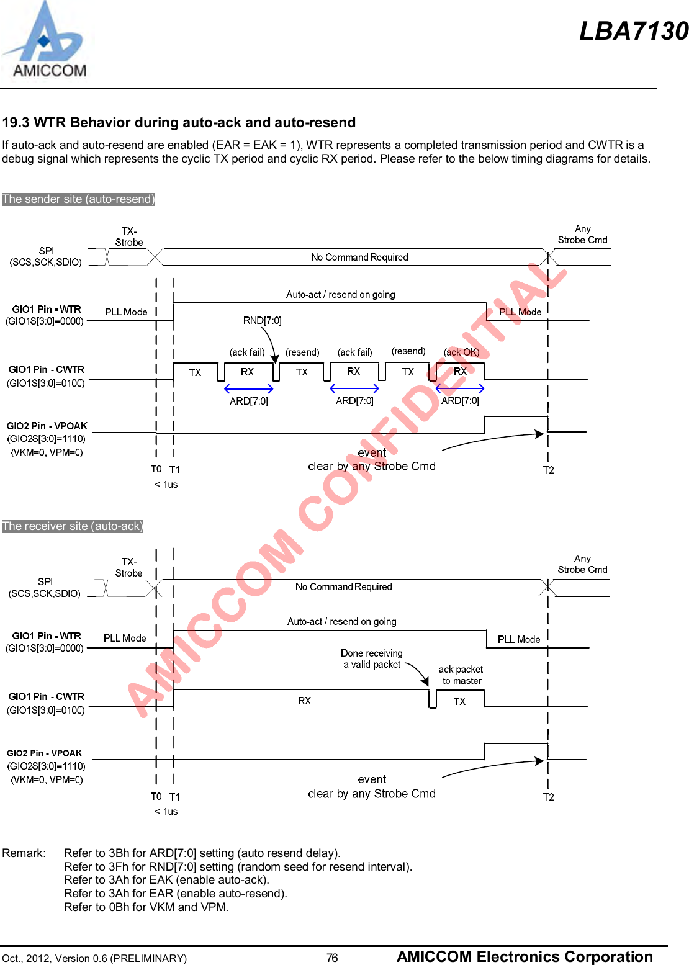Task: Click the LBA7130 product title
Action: (x=633, y=31)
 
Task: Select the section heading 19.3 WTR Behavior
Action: (x=179, y=122)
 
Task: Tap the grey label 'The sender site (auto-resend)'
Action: (x=78, y=199)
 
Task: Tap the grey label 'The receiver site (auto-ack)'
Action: (x=73, y=526)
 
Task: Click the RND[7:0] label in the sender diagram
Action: (x=262, y=320)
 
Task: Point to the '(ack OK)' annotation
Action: (x=461, y=352)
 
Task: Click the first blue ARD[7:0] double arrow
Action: (x=248, y=389)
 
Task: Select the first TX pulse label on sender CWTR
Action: (x=195, y=372)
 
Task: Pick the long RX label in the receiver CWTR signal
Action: (x=304, y=701)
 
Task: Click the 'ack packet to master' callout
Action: (x=461, y=675)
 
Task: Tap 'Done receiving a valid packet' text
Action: (x=372, y=658)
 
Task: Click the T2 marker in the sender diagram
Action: (x=548, y=470)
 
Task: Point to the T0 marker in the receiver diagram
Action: (x=156, y=796)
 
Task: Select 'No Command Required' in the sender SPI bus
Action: (x=359, y=257)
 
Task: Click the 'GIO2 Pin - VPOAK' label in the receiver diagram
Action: (x=44, y=753)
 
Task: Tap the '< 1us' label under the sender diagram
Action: (x=166, y=484)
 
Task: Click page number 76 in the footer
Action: (x=332, y=958)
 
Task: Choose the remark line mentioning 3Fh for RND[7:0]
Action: (x=238, y=866)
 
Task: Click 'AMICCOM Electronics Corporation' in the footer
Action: (x=525, y=956)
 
